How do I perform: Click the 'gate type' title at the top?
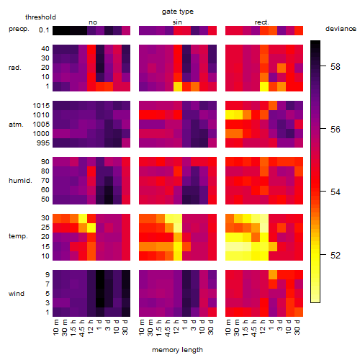pos(178,12)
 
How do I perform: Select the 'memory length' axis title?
pos(177,350)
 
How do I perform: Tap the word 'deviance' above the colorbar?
pos(341,29)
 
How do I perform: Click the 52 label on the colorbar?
pos(335,255)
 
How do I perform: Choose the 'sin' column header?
pos(177,22)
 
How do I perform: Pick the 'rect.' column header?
pos(261,22)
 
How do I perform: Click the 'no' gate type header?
pos(93,22)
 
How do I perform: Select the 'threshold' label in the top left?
pos(40,17)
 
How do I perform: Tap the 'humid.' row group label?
pos(20,181)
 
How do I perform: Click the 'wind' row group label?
pos(17,294)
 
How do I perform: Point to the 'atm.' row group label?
pos(16,125)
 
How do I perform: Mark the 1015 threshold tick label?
pos(41,106)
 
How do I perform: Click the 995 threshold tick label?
pos(43,143)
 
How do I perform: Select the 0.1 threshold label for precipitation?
pos(44,30)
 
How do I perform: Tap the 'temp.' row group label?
pos(18,236)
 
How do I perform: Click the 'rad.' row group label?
pos(15,68)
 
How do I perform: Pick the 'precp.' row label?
pos(19,29)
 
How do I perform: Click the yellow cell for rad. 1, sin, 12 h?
pos(178,86)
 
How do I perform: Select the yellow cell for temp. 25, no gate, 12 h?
pos(91,228)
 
